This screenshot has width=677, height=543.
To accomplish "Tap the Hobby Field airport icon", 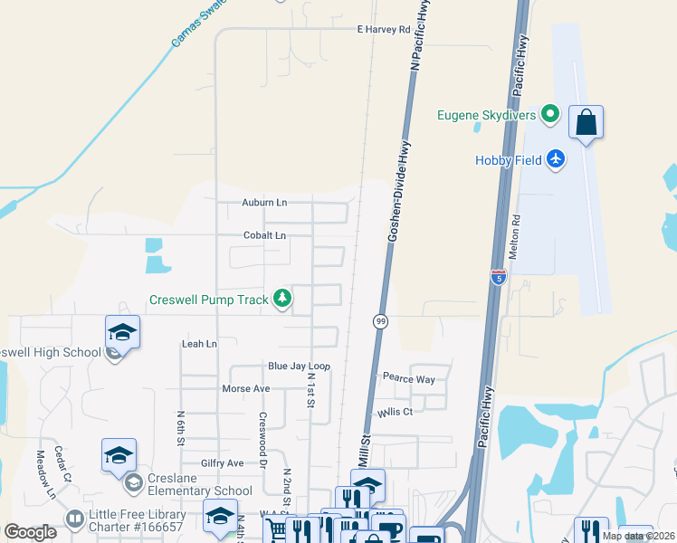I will pos(556,160).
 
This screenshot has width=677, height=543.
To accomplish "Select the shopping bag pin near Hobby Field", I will pos(586,123).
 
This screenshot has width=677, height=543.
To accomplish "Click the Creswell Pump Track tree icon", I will pos(283,298).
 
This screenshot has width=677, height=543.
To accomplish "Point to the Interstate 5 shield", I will pos(499,277).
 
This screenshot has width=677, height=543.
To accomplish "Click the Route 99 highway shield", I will pos(379,321).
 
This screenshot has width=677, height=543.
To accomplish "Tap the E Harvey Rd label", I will pos(383,29).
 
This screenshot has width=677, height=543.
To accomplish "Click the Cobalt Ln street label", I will pos(264,235).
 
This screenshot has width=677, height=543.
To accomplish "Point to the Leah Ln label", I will pos(200,344).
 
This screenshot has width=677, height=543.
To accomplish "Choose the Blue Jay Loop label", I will pos(299,366).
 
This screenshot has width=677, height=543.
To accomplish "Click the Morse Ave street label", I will pos(246,388).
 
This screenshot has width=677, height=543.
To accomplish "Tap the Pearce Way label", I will pos(408,378).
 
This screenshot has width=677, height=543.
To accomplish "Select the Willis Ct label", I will pos(396,412).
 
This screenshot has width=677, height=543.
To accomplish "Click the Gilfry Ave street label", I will pos(223,462).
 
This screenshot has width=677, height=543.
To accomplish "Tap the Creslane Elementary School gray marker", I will pos(133,480).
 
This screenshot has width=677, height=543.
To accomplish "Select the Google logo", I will pos(31,532).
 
